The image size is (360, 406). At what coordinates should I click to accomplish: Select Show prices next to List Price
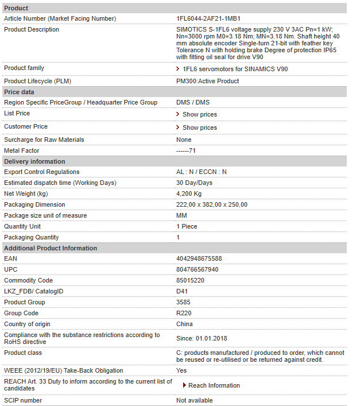[199, 114]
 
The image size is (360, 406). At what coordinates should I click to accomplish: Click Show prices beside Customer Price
[199, 127]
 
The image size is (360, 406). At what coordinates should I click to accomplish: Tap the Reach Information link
[214, 385]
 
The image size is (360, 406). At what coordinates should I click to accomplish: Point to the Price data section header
[19, 92]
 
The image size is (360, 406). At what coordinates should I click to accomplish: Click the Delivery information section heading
[34, 161]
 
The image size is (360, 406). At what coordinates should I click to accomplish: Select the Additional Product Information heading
[50, 248]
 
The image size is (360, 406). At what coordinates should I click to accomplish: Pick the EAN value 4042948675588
[199, 258]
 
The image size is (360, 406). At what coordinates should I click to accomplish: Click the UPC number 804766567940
[197, 269]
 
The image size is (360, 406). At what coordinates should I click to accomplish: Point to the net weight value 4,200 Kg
[189, 194]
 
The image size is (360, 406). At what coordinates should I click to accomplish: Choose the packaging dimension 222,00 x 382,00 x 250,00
[212, 204]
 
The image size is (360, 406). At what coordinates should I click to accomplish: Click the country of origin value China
[184, 324]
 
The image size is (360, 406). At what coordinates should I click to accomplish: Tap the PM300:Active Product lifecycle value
[207, 81]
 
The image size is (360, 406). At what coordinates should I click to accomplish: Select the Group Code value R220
[184, 313]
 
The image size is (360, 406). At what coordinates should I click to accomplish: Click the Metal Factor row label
[22, 150]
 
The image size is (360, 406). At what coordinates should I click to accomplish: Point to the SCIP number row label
[23, 400]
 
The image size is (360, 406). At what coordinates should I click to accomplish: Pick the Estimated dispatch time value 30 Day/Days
[194, 183]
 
